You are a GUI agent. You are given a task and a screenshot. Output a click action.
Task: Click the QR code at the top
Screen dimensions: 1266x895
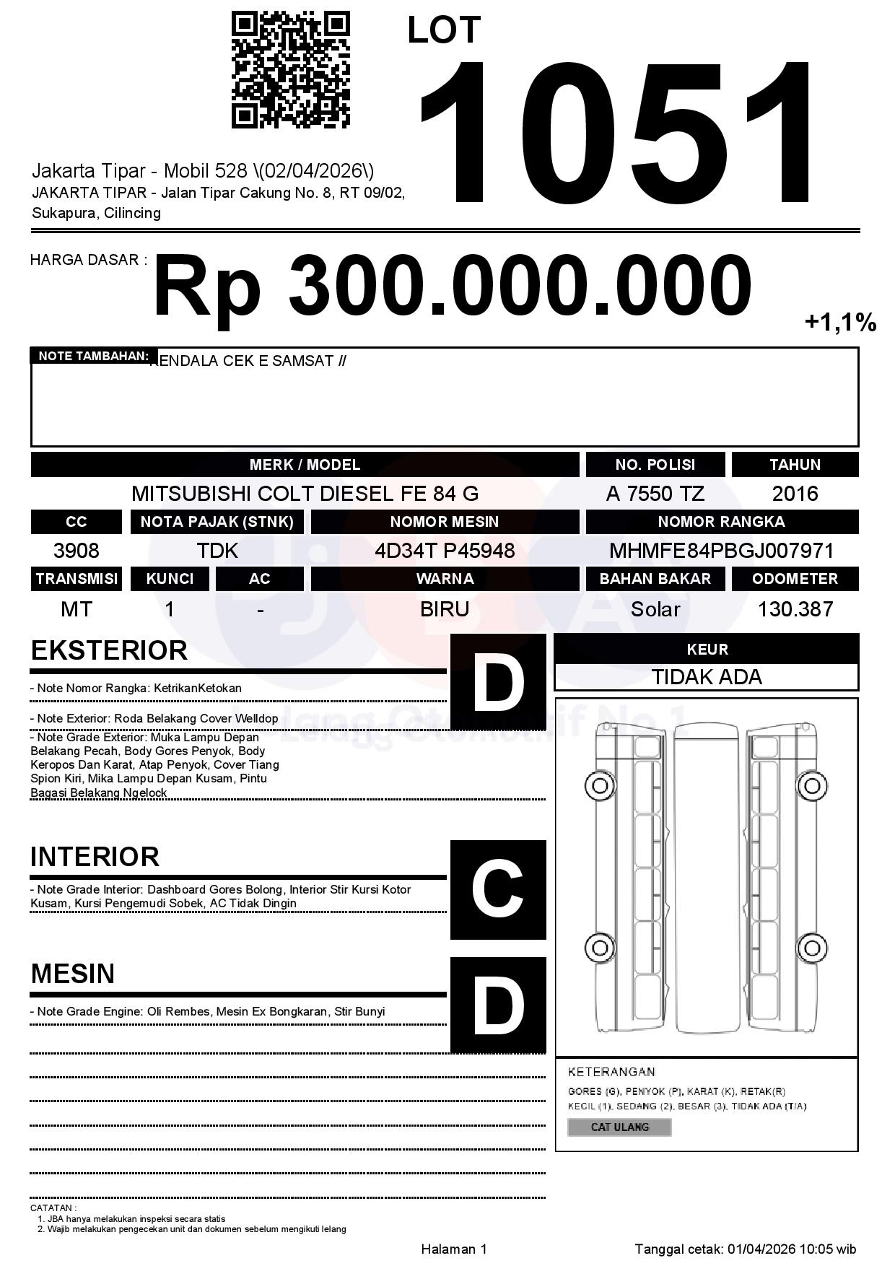pyautogui.click(x=291, y=70)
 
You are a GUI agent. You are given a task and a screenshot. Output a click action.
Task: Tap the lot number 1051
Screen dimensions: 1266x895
pyautogui.click(x=617, y=132)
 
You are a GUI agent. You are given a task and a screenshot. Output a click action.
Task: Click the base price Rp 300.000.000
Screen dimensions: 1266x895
pyautogui.click(x=452, y=286)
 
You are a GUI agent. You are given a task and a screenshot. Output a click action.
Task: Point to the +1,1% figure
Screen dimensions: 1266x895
pyautogui.click(x=840, y=322)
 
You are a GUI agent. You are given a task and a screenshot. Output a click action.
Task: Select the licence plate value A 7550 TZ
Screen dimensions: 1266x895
pyautogui.click(x=655, y=494)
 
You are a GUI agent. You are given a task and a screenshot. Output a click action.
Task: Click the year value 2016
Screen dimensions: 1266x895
pyautogui.click(x=795, y=494)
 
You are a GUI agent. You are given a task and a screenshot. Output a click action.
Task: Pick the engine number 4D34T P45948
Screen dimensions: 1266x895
pyautogui.click(x=445, y=551)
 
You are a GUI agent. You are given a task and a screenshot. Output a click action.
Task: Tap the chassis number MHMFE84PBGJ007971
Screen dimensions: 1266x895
pyautogui.click(x=721, y=551)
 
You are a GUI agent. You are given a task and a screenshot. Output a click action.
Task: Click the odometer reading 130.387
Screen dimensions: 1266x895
pyautogui.click(x=795, y=609)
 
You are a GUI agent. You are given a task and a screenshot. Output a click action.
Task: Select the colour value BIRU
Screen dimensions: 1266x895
pyautogui.click(x=445, y=609)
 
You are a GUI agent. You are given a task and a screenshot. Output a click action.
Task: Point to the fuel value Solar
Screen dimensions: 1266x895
pyautogui.click(x=655, y=609)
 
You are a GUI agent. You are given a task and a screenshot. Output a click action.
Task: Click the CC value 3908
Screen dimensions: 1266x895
pyautogui.click(x=77, y=551)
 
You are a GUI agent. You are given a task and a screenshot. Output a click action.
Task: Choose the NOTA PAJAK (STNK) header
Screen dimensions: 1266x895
pyautogui.click(x=217, y=522)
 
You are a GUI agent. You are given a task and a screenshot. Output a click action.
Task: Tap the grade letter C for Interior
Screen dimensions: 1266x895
pyautogui.click(x=498, y=890)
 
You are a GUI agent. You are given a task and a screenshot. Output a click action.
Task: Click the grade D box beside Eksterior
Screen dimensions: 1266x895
pyautogui.click(x=498, y=682)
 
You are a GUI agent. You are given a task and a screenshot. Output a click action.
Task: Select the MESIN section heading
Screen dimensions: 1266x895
pyautogui.click(x=73, y=974)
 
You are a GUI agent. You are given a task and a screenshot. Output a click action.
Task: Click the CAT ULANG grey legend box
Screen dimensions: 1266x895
pyautogui.click(x=619, y=1127)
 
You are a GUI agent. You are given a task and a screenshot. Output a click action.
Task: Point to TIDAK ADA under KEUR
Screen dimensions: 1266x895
pyautogui.click(x=707, y=677)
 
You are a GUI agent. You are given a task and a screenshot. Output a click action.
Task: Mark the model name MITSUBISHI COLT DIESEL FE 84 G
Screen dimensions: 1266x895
pyautogui.click(x=305, y=494)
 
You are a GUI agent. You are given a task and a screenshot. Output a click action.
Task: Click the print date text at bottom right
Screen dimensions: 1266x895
pyautogui.click(x=745, y=1249)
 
